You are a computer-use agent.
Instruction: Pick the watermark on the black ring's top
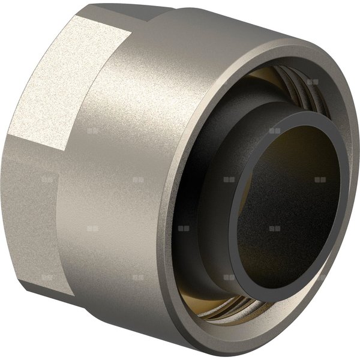(274, 130)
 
